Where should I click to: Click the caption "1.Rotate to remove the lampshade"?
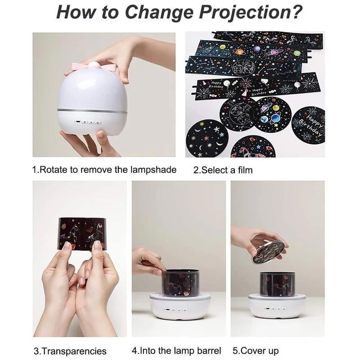tap(104, 170)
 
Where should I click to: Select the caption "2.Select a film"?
tap(223, 170)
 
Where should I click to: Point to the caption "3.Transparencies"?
tap(70, 351)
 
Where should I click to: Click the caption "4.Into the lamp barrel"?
tap(176, 351)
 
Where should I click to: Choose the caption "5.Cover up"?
tap(255, 351)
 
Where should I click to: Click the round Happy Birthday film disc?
tap(308, 125)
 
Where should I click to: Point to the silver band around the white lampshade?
tap(92, 110)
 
